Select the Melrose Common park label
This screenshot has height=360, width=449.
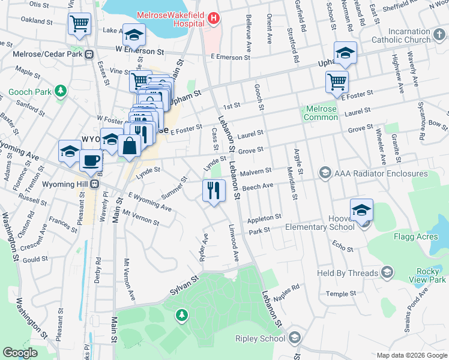coord(321,113)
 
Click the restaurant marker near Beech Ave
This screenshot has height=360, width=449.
coord(214,190)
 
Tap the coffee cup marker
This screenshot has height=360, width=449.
coord(91,161)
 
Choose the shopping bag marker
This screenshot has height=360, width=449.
coord(130,145)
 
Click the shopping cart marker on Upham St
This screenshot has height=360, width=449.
coord(337,82)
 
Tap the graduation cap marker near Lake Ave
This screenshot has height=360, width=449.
coord(134,35)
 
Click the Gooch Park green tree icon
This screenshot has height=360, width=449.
coord(60,91)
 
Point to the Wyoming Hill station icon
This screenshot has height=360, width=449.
coord(94,184)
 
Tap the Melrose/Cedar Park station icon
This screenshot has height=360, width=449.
coord(89,54)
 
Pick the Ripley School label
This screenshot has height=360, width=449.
coord(261,338)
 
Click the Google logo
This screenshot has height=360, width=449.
coord(20,353)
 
